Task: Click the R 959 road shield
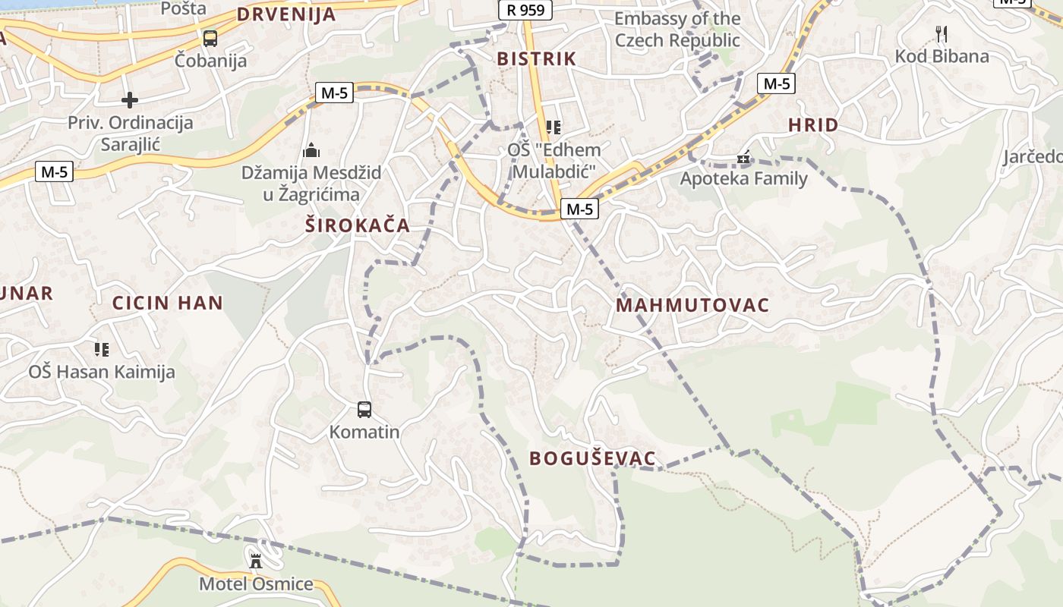tap(525, 10)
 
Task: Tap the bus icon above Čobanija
tap(210, 38)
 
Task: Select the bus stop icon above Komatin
tap(364, 410)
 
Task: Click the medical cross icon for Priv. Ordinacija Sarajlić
tap(130, 99)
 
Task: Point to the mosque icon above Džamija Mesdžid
tap(311, 150)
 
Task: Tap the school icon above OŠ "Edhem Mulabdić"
tap(554, 127)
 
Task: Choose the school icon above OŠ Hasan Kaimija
tap(102, 349)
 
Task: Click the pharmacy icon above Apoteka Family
tap(743, 158)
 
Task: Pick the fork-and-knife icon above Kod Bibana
tap(942, 33)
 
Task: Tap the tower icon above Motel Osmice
tap(256, 561)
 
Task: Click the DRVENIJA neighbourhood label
tap(286, 14)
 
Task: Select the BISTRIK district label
tap(537, 58)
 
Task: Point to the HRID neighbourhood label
tap(813, 125)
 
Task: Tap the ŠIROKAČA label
tap(357, 225)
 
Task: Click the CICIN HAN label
tap(168, 303)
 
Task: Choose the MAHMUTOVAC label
tap(692, 305)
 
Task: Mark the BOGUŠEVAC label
tap(592, 458)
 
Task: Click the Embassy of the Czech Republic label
tap(677, 29)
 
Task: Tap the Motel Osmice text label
tap(256, 583)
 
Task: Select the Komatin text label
tap(364, 432)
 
